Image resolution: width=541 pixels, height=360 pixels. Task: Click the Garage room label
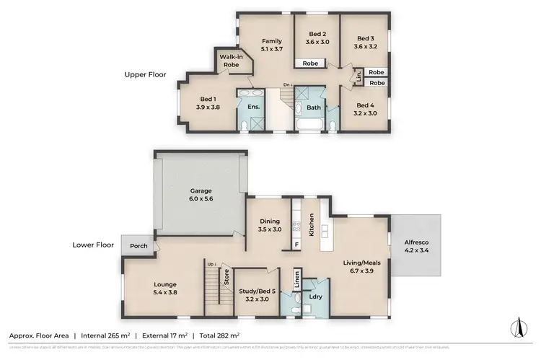201,191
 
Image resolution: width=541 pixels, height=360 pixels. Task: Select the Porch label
138,246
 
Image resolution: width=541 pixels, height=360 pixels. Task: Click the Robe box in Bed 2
311,63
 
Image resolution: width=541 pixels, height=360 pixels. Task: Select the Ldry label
315,297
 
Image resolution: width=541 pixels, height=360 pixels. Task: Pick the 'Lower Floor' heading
94,245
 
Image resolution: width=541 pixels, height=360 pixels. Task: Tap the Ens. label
253,106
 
